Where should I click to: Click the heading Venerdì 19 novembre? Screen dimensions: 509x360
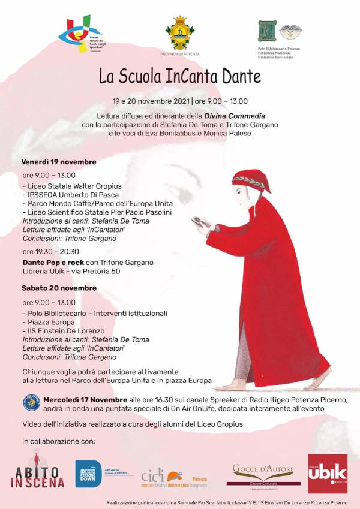59,162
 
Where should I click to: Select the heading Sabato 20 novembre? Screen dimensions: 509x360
59,288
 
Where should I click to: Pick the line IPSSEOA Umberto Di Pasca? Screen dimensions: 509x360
71,195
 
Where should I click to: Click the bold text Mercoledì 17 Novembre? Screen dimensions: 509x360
85,400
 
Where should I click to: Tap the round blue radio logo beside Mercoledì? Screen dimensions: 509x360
31,403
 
